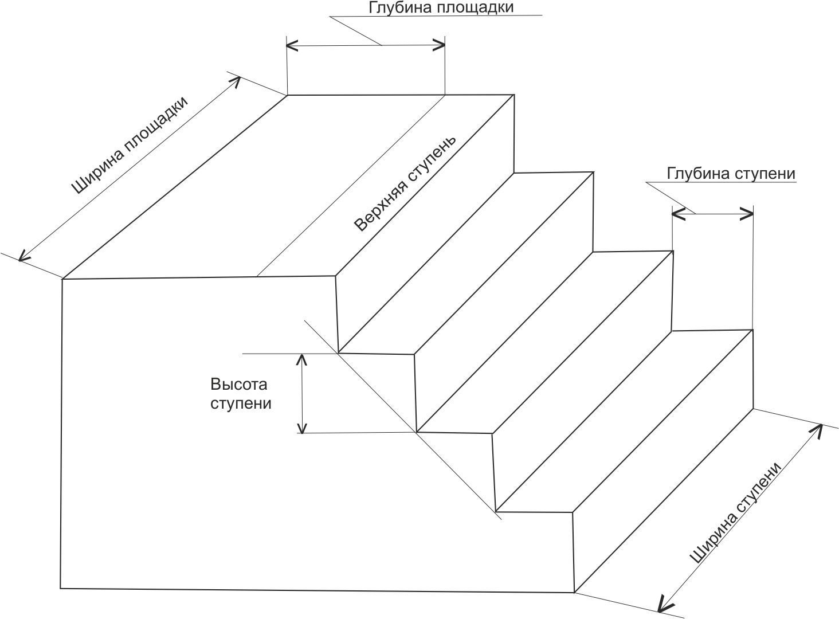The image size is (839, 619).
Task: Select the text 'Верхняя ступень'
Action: (405, 184)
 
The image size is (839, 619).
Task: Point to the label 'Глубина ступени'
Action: (731, 174)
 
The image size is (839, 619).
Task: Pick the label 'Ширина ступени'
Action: (736, 512)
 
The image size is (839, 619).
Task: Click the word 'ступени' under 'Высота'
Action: (241, 403)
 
